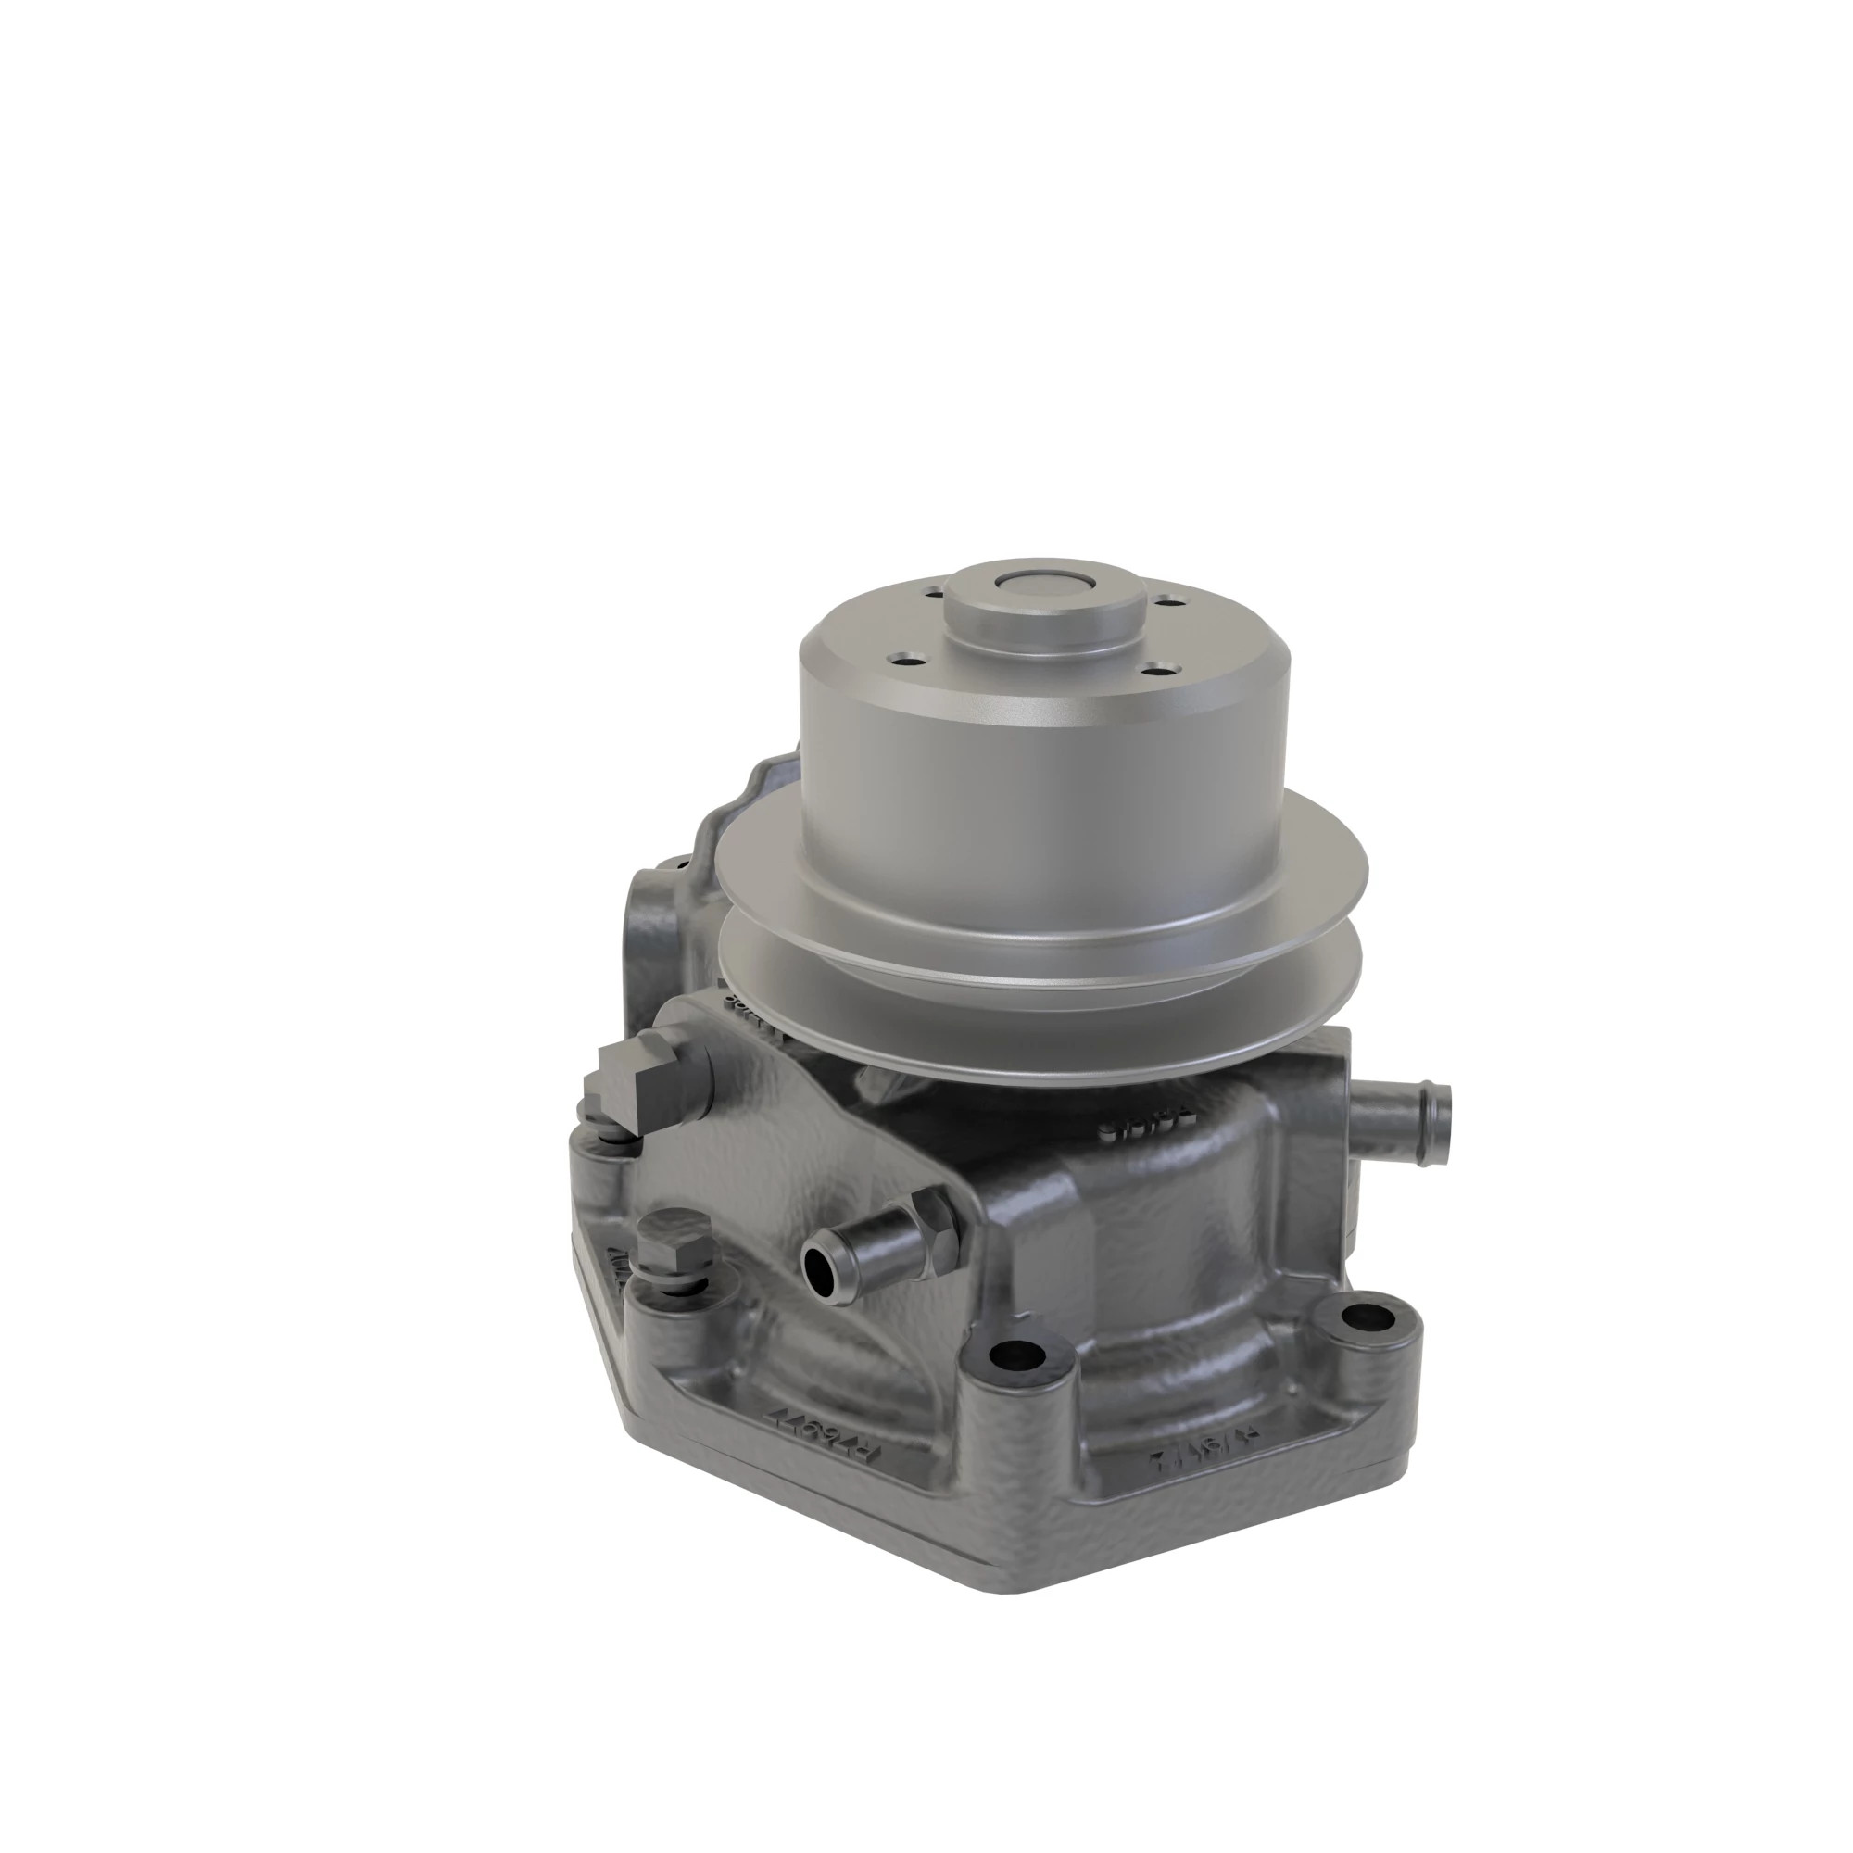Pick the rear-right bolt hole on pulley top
tap(1167, 602)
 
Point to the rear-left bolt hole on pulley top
tap(927, 595)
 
